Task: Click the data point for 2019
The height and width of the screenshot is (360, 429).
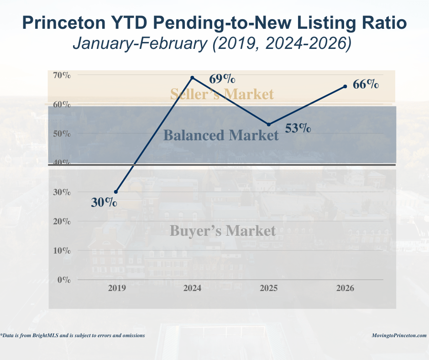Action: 116,192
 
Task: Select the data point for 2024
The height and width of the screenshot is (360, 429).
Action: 192,78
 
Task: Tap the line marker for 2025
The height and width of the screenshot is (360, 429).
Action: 268,124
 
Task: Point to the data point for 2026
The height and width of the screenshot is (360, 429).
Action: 345,86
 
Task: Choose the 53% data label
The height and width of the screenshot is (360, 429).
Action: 298,128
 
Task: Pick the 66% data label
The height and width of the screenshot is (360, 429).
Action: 366,85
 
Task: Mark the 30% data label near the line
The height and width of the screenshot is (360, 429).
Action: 104,202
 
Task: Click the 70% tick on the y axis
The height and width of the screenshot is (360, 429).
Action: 61,75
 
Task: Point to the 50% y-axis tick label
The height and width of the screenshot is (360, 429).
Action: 61,134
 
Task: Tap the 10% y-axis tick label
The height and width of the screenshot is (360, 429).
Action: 61,251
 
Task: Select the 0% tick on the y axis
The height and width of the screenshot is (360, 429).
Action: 63,280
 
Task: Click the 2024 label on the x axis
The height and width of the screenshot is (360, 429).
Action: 192,289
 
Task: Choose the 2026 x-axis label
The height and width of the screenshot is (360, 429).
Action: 345,289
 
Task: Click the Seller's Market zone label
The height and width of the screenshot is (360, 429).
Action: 222,94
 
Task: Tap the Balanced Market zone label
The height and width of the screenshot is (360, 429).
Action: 221,135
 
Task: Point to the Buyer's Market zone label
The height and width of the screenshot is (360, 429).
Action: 223,231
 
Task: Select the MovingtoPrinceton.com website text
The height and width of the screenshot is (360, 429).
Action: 399,335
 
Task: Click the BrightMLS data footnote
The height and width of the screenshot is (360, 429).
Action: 73,335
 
